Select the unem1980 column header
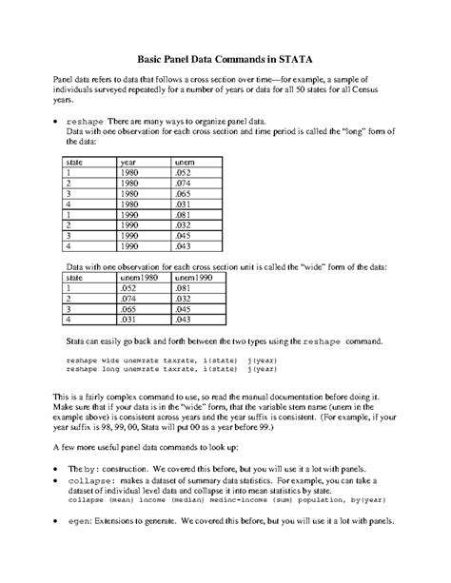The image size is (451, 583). pos(137,277)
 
